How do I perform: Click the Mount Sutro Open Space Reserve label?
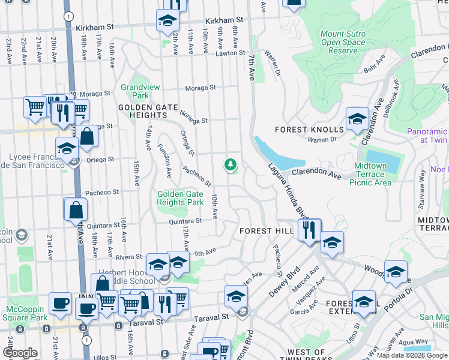point(343,43)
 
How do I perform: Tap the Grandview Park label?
point(140,91)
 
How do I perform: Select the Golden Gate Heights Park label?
point(180,198)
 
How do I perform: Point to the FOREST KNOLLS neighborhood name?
point(309,130)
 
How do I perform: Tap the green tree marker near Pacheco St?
point(229,164)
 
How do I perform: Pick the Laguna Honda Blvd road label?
point(288,191)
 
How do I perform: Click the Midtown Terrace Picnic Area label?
point(370,174)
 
